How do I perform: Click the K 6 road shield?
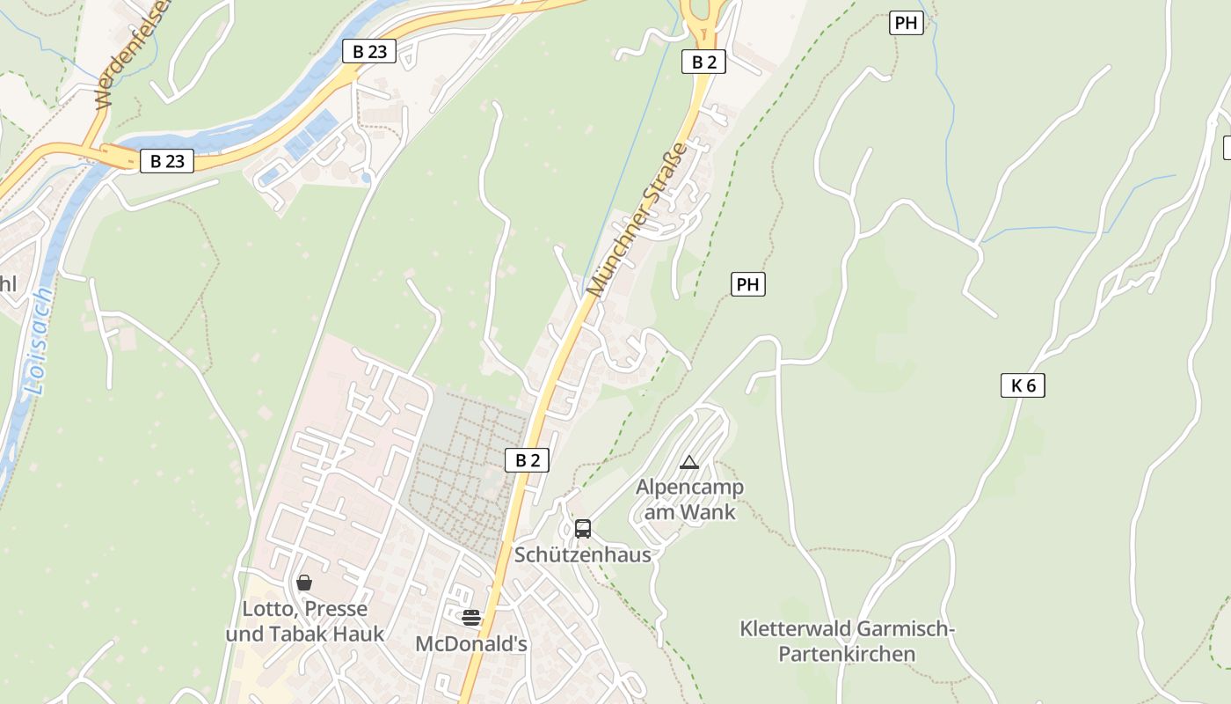click(1023, 385)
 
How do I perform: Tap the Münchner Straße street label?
click(637, 219)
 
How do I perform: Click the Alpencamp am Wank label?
click(689, 499)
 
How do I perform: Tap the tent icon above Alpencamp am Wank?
click(689, 462)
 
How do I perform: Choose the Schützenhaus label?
click(583, 554)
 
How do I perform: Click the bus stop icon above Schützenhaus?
click(583, 528)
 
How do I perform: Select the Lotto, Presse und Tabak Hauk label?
click(305, 621)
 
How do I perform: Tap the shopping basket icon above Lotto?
click(304, 582)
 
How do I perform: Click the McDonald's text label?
click(471, 644)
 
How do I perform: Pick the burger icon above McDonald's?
click(471, 617)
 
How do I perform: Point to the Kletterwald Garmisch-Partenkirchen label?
click(848, 642)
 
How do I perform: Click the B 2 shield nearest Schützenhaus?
click(527, 459)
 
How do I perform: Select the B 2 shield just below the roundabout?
click(703, 62)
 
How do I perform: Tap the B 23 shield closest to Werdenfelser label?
click(167, 161)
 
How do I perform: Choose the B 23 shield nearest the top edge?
click(369, 51)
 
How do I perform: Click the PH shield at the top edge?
click(907, 23)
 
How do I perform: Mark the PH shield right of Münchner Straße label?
click(747, 284)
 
